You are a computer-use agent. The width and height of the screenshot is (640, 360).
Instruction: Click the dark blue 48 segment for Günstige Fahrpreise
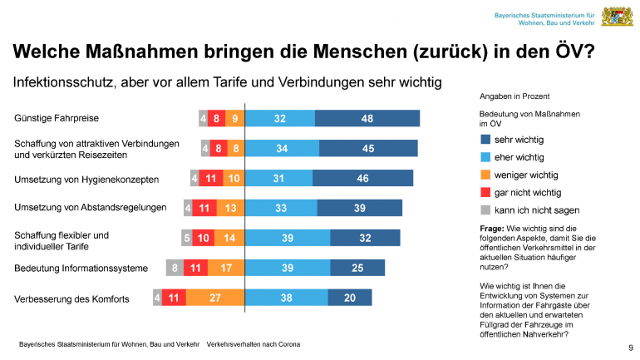[367, 119]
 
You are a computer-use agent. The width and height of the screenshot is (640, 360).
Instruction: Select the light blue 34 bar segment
[281, 149]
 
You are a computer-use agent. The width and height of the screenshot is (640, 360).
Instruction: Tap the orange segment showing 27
[214, 297]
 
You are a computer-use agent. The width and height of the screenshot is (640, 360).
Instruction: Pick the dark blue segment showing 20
[349, 297]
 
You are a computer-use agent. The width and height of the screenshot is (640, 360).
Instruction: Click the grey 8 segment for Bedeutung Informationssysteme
[173, 268]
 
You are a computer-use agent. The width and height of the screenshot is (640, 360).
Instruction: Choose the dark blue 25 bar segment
[357, 268]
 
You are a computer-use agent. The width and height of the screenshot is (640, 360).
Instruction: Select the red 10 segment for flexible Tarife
[203, 238]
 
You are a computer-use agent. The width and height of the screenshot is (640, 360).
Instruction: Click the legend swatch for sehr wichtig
[485, 140]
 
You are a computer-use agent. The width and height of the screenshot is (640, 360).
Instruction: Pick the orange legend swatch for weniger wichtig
[485, 175]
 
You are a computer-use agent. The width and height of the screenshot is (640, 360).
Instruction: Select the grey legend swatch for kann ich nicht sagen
[485, 210]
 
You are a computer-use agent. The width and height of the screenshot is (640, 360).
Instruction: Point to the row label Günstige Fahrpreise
[55, 119]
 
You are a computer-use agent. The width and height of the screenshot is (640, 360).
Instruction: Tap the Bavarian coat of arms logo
[617, 17]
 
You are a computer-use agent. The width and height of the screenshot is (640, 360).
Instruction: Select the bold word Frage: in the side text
[493, 228]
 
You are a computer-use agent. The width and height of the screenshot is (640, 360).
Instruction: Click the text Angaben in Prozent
[514, 96]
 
